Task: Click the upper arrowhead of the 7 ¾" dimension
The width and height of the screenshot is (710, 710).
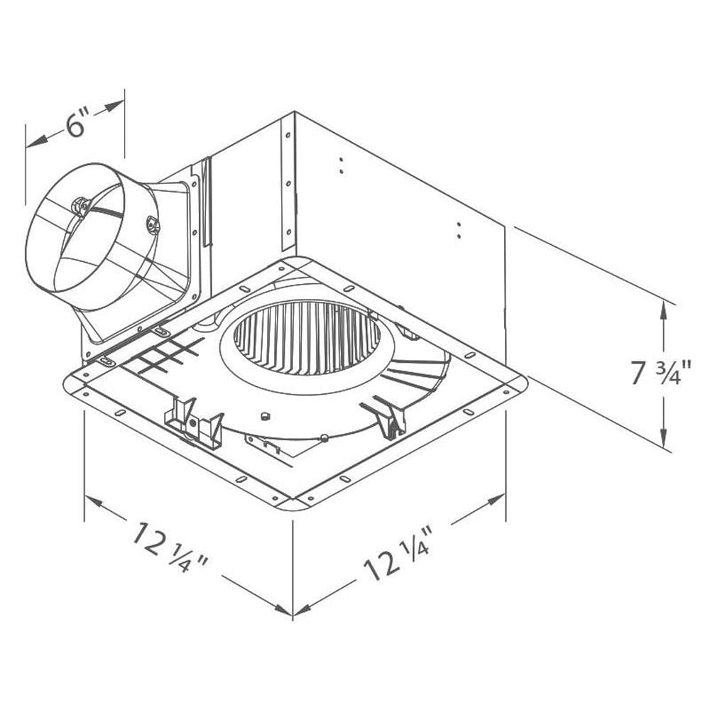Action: click(664, 307)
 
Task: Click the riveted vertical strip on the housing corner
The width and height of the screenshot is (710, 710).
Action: click(288, 185)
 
